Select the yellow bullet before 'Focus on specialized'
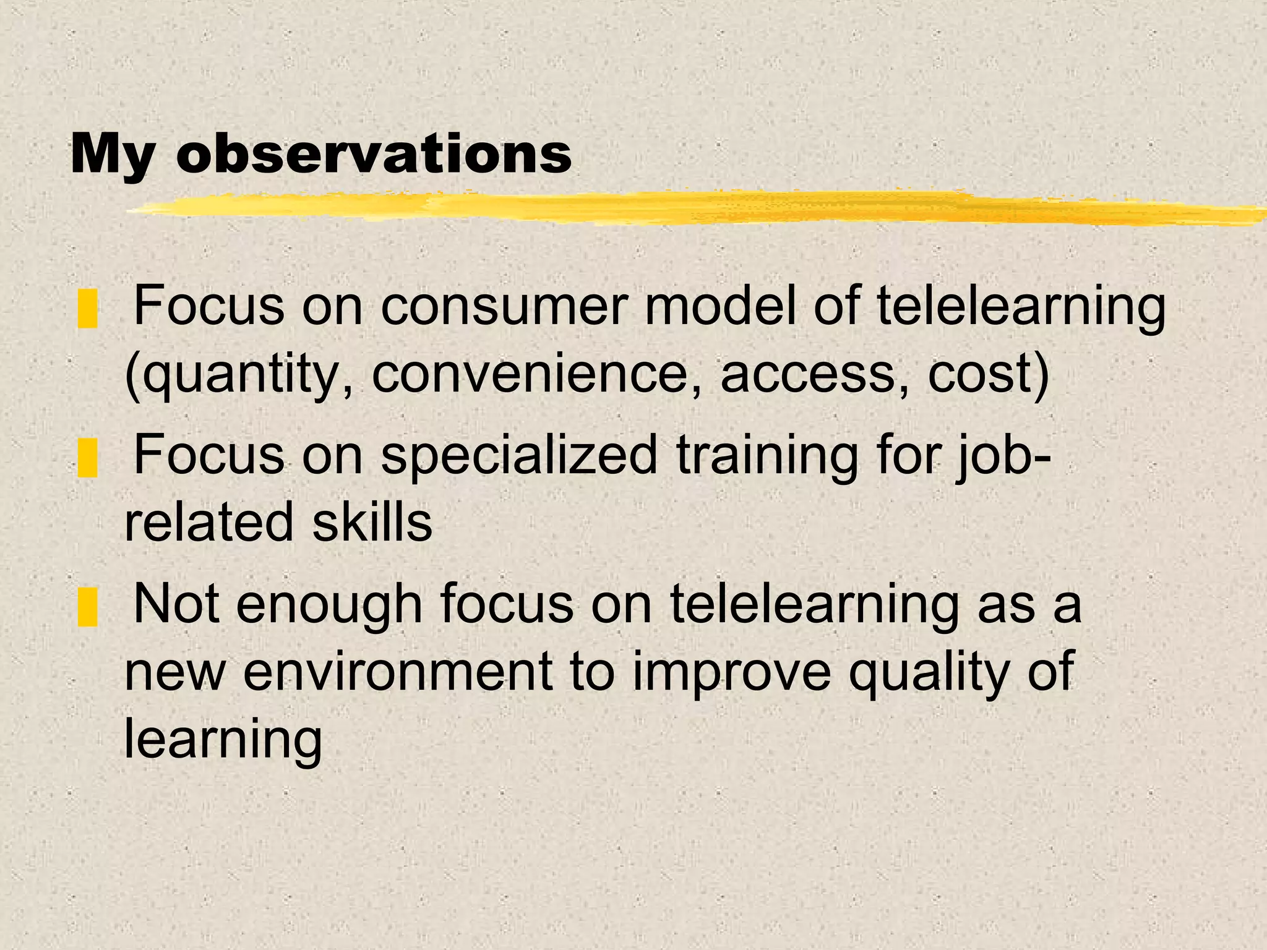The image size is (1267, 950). (x=88, y=457)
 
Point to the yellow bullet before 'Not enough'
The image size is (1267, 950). (x=88, y=607)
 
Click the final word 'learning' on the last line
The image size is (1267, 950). (x=223, y=740)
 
